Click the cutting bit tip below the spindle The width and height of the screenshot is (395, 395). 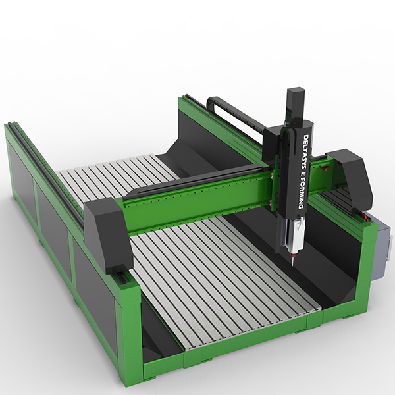click(292, 265)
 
